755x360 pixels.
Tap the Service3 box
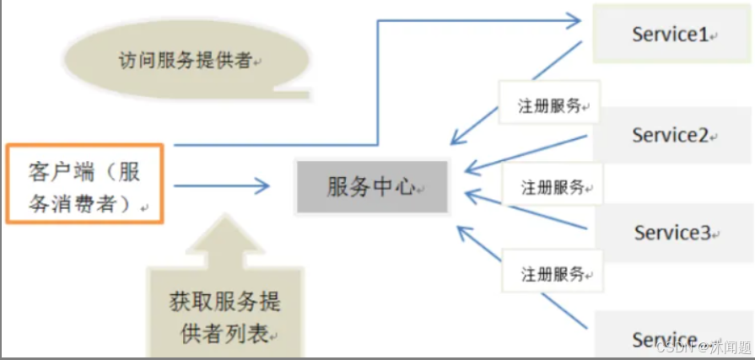click(x=672, y=233)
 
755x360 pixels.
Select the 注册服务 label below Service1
click(x=549, y=106)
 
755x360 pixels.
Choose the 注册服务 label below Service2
click(x=553, y=186)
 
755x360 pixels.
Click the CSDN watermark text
click(x=704, y=347)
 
